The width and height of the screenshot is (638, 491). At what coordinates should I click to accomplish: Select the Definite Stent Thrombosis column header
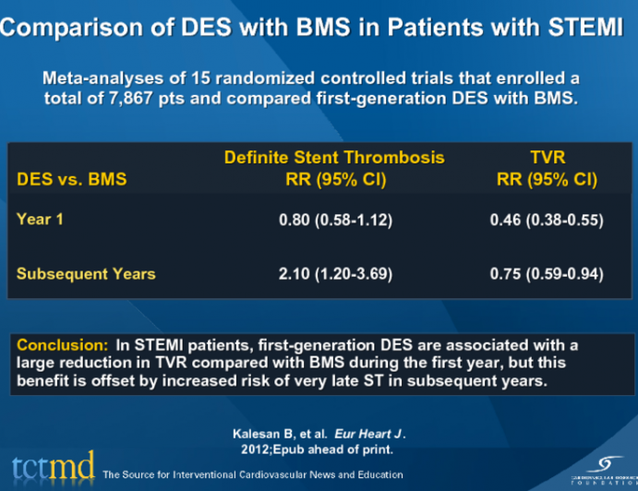pos(334,158)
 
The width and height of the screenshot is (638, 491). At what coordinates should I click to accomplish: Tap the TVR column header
pos(547,158)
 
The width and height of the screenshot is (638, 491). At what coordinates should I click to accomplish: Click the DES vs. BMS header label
pos(71,180)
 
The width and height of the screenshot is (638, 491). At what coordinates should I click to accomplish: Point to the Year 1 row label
pos(40,220)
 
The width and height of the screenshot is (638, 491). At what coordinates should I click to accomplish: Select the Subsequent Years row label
pos(86,273)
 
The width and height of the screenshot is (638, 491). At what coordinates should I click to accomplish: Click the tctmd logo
pos(52,467)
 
